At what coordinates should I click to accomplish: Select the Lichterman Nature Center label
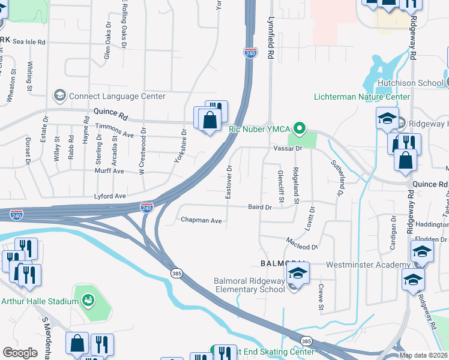(362, 97)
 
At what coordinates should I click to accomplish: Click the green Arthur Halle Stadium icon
(88, 299)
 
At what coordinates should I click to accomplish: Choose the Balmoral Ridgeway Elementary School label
(249, 285)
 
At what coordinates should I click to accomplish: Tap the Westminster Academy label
(367, 265)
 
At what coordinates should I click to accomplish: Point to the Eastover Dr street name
(229, 184)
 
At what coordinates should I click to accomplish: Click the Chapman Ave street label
(201, 220)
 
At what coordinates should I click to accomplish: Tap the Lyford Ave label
(110, 196)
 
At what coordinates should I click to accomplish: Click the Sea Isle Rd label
(29, 43)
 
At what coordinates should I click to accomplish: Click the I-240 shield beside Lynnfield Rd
(250, 53)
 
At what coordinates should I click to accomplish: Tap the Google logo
(20, 352)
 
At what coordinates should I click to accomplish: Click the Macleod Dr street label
(301, 246)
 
